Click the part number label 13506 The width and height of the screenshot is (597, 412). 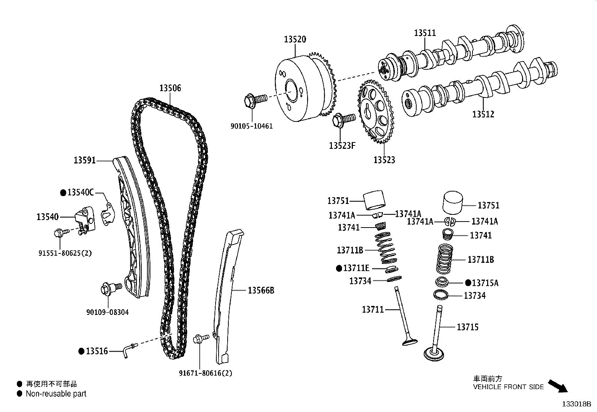click(170, 88)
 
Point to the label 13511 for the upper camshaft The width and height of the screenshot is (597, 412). click(425, 33)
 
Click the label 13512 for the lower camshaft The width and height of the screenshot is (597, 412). click(483, 114)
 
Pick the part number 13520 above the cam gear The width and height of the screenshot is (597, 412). click(295, 39)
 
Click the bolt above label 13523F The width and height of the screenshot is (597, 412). click(343, 120)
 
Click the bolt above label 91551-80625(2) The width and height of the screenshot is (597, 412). click(60, 233)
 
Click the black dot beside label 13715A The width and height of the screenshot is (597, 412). click(468, 283)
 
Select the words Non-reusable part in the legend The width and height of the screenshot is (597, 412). click(56, 394)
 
